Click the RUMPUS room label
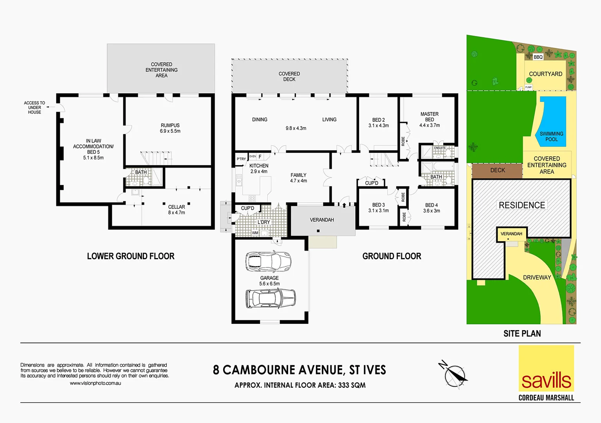coord(170,126)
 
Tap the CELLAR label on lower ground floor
coord(177,207)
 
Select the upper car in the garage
coord(268,261)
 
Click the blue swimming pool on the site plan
coord(552,117)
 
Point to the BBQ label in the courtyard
coord(538,57)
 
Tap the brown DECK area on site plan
coord(497,170)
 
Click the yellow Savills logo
coord(546,368)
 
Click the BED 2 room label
coord(378,120)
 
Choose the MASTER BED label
coord(430,117)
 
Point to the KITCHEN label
coord(259,166)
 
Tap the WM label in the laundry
coord(255,233)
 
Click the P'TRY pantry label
coord(241,159)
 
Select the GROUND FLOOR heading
coord(392,256)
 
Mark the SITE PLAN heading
coord(522,334)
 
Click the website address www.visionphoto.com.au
coord(96,383)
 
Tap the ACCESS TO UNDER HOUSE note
coord(34,108)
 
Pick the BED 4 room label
coord(431,205)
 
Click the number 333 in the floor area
coord(343,385)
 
